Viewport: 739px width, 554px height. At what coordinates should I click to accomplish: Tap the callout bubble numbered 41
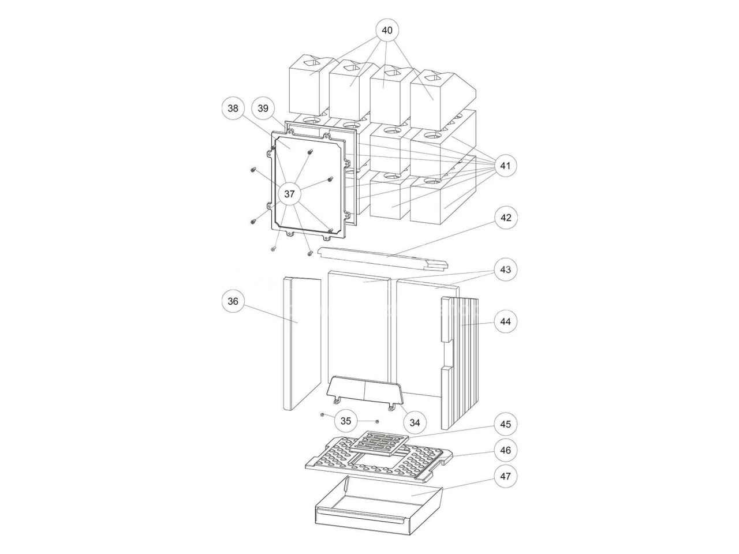[x=505, y=166]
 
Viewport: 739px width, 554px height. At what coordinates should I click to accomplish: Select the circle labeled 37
[x=289, y=194]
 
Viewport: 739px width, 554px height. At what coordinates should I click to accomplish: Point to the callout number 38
[x=233, y=108]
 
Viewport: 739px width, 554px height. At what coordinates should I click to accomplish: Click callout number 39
[x=263, y=108]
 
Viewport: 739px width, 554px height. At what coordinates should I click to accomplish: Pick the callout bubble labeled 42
[x=505, y=218]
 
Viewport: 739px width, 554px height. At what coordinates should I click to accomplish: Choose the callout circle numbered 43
[x=505, y=269]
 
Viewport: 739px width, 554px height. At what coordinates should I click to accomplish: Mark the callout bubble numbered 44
[x=505, y=321]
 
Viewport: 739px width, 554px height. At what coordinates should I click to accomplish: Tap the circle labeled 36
[x=233, y=301]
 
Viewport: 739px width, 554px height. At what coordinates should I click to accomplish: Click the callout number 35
[x=346, y=421]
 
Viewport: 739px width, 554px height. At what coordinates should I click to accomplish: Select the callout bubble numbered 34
[x=415, y=422]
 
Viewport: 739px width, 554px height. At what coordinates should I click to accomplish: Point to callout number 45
[x=505, y=424]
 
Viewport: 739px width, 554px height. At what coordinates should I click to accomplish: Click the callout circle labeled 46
[x=505, y=450]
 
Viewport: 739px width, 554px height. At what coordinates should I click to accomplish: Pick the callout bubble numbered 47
[x=505, y=477]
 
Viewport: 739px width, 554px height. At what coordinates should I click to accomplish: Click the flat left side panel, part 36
[x=301, y=343]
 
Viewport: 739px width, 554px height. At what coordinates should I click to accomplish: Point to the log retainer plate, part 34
[x=364, y=392]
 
